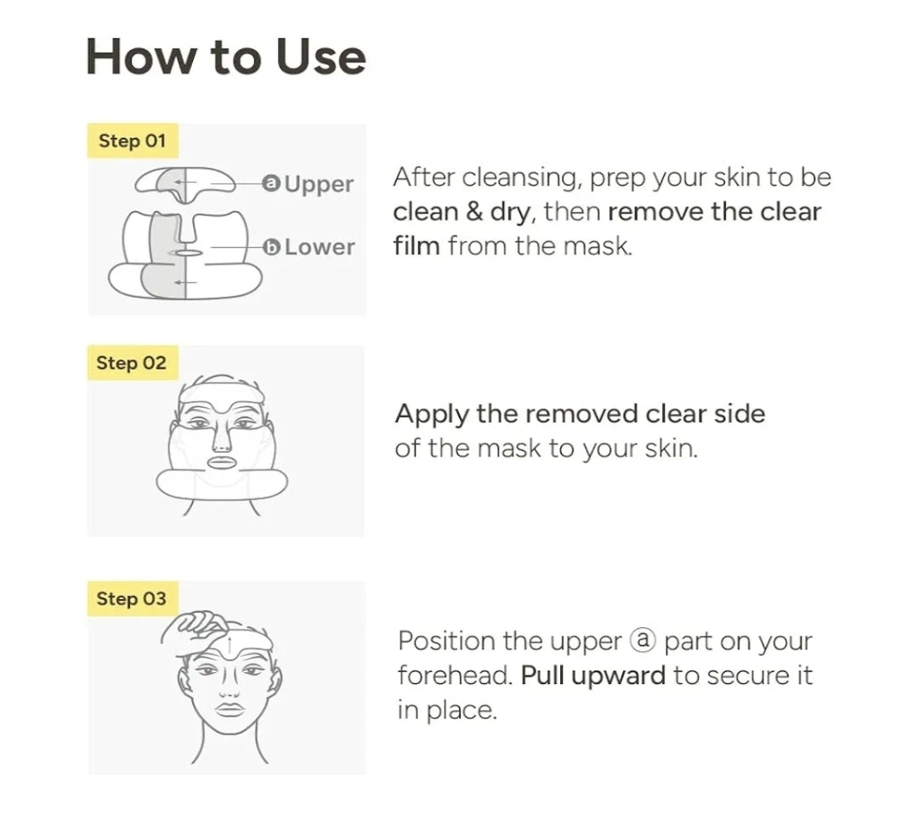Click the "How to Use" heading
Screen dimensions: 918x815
click(x=226, y=57)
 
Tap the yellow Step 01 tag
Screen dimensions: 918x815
click(x=133, y=140)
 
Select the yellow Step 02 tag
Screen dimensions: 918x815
click(x=133, y=363)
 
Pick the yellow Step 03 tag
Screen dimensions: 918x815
click(x=133, y=598)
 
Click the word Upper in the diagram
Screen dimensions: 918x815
click(x=319, y=184)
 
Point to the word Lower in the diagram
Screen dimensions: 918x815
click(x=320, y=247)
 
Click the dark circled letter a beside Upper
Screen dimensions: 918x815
click(x=271, y=184)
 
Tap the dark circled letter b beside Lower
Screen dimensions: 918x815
click(x=271, y=247)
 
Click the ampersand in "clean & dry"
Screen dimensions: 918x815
click(x=474, y=212)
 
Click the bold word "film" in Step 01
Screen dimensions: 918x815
click(x=416, y=246)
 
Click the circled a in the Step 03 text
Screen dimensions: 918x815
click(x=643, y=641)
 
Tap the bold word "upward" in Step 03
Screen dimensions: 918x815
click(x=618, y=676)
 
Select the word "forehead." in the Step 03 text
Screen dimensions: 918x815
click(x=455, y=675)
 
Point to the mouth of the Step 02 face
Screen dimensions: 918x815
click(x=221, y=462)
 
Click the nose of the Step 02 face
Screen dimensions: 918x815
click(x=221, y=436)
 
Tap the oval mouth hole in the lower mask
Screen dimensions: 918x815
click(x=185, y=253)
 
